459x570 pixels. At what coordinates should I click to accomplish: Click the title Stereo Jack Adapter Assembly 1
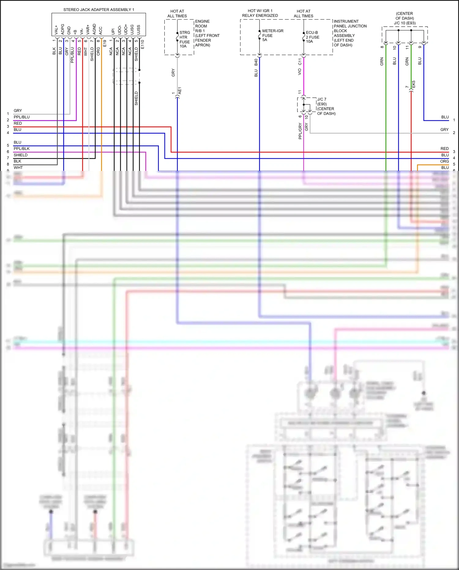[x=99, y=10]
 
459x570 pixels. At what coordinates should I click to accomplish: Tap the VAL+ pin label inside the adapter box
[x=56, y=30]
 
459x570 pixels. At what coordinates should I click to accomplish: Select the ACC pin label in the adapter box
[x=100, y=30]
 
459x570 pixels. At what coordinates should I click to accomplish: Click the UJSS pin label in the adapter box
[x=139, y=30]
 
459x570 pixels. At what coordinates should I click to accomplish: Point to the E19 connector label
[x=105, y=43]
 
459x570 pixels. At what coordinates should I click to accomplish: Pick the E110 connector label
[x=142, y=44]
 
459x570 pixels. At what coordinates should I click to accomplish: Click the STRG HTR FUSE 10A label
[x=185, y=39]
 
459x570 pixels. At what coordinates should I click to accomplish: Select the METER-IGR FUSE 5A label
[x=272, y=35]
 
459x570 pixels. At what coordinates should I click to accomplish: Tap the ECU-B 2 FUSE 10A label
[x=312, y=37]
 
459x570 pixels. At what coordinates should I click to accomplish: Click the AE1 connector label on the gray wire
[x=180, y=91]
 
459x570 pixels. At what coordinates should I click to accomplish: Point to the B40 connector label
[x=256, y=62]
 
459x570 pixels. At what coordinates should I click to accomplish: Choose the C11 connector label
[x=300, y=62]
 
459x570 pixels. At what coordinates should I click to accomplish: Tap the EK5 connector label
[x=414, y=84]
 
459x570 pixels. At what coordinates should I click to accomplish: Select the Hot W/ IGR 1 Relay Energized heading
[x=260, y=13]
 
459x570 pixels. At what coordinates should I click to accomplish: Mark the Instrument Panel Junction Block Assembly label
[x=350, y=33]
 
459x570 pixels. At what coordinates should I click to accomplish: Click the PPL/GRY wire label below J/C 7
[x=300, y=131]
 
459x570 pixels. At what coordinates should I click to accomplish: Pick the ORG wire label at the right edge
[x=444, y=161]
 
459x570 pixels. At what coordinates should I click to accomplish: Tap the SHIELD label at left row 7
[x=21, y=155]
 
